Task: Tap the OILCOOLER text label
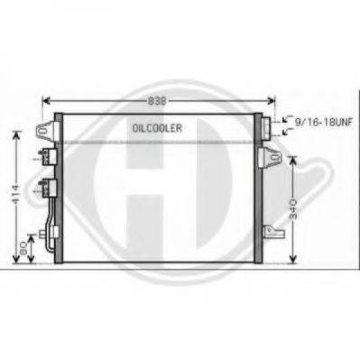click(x=158, y=129)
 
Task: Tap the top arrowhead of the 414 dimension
click(x=15, y=134)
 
